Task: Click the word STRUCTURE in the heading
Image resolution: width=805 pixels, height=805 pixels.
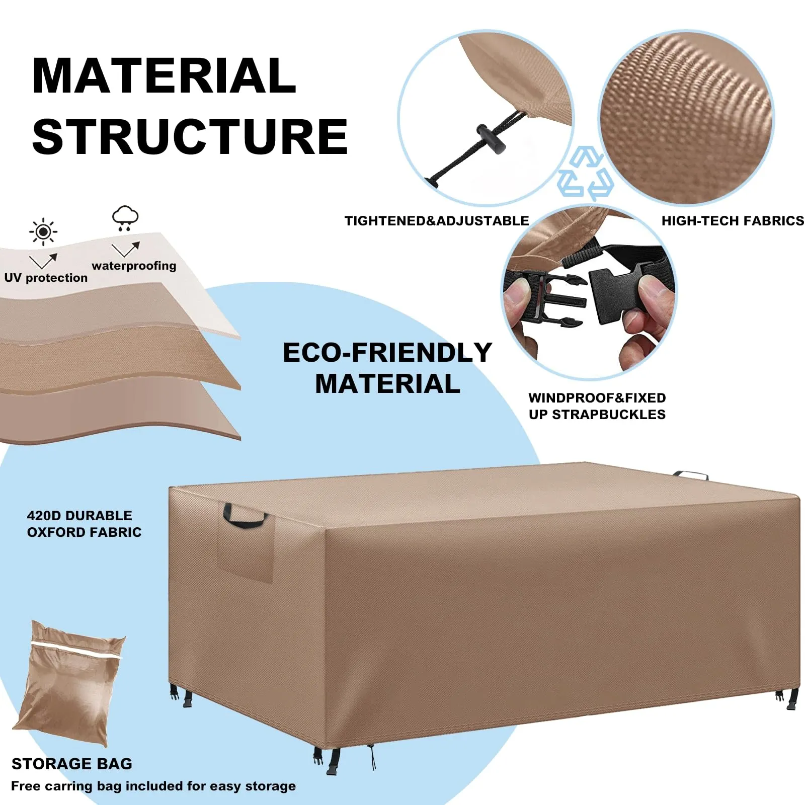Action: [x=190, y=137]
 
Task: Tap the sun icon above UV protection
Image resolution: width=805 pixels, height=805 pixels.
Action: [x=43, y=232]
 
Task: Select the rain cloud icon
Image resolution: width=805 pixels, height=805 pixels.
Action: [x=125, y=218]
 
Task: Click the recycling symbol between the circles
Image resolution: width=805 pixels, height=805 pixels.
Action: [x=586, y=174]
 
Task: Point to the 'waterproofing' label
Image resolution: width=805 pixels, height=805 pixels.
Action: [x=134, y=266]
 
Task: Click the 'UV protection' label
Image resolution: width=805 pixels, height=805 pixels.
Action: [x=46, y=278]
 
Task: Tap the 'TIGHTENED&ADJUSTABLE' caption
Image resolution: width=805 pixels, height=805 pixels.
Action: [x=437, y=221]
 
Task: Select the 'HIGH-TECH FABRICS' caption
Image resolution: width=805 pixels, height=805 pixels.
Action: [x=733, y=221]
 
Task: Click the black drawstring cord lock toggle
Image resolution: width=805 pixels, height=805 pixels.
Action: [x=491, y=139]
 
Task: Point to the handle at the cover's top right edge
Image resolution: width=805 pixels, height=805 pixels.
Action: [x=690, y=475]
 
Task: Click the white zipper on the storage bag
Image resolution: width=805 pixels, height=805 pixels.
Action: [x=76, y=650]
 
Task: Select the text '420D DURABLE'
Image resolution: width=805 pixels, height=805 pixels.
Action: [x=79, y=516]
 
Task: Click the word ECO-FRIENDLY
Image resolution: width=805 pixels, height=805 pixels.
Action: [x=387, y=352]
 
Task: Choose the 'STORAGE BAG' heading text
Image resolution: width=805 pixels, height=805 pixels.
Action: [x=71, y=764]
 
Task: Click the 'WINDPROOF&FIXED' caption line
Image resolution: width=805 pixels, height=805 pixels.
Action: [x=597, y=398]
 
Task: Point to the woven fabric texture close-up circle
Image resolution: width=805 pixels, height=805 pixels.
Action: [x=686, y=118]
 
